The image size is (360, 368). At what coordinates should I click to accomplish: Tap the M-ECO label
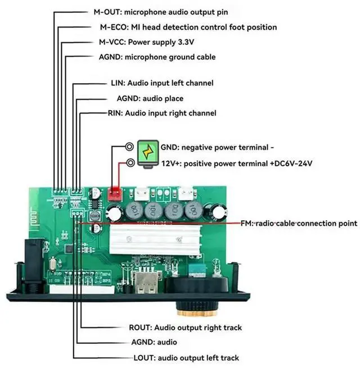(x=112, y=27)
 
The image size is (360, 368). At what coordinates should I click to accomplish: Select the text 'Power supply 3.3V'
(x=160, y=42)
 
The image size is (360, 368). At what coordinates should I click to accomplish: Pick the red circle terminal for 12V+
(x=130, y=163)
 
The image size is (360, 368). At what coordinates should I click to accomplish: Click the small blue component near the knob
(x=196, y=269)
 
